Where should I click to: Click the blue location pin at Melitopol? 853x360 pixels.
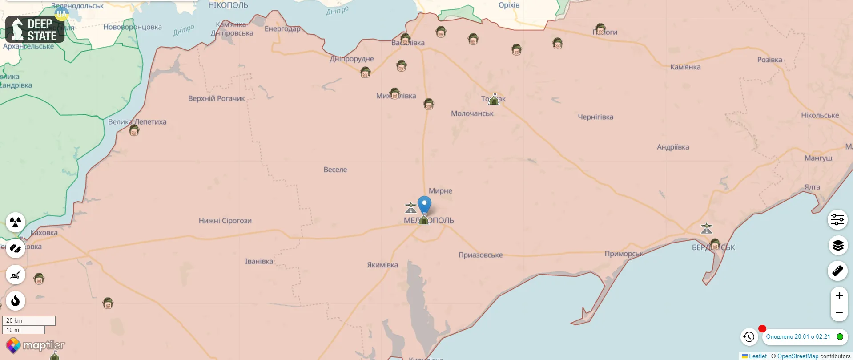click(424, 204)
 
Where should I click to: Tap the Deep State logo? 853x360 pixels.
click(35, 29)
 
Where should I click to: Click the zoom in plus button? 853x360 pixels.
click(839, 295)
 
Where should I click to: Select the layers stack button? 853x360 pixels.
click(837, 245)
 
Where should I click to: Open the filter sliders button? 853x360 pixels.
click(837, 219)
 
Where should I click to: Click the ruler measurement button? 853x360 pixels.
click(837, 271)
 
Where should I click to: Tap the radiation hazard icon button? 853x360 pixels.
click(16, 222)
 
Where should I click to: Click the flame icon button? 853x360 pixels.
click(16, 301)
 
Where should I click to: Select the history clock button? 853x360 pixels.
click(749, 337)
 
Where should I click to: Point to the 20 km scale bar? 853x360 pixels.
click(29, 320)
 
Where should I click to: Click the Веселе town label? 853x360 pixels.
click(335, 170)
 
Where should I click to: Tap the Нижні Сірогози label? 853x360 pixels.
click(225, 221)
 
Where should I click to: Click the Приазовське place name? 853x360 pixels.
click(480, 255)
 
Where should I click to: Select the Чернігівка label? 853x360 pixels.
click(595, 117)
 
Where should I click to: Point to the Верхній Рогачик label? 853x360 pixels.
click(216, 98)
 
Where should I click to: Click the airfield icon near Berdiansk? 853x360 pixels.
click(706, 229)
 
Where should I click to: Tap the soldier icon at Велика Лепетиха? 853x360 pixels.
click(134, 130)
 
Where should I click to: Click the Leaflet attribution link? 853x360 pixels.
click(757, 356)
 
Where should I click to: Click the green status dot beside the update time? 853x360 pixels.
click(840, 337)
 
